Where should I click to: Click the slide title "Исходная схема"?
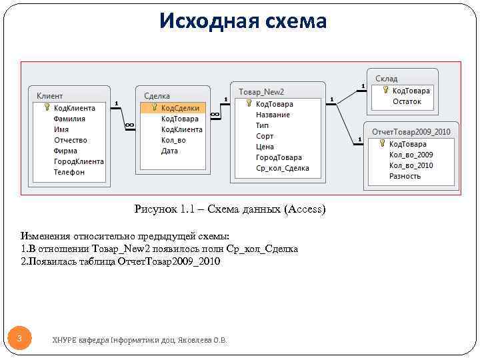(x=243, y=21)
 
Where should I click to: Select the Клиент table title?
(x=49, y=96)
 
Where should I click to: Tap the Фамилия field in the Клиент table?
(x=69, y=119)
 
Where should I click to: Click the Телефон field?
(x=69, y=172)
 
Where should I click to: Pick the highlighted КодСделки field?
(x=180, y=108)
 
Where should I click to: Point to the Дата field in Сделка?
(x=169, y=151)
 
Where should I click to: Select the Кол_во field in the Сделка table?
(x=173, y=140)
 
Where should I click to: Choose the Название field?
(x=273, y=115)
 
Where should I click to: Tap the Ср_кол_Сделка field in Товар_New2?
(x=283, y=168)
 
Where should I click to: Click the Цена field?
(x=265, y=147)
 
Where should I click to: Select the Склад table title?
(x=386, y=79)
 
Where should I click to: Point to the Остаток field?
(x=407, y=101)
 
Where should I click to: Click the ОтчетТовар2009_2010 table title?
(x=411, y=132)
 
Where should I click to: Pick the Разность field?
(x=405, y=176)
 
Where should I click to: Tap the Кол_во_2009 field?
(x=411, y=155)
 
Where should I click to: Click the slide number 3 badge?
(x=19, y=339)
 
